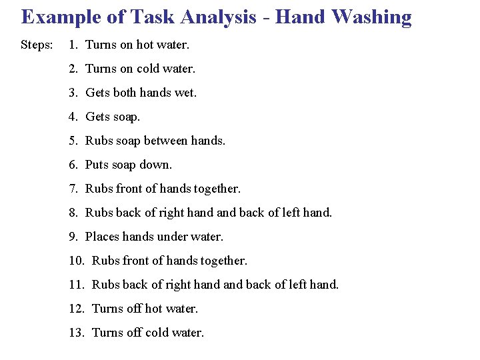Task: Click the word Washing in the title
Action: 371,17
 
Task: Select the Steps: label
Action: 37,45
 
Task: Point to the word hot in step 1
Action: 145,45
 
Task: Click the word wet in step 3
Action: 185,93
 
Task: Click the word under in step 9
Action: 179,237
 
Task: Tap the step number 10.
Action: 75,261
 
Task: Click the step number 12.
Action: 75,309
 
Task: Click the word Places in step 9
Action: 102,237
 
